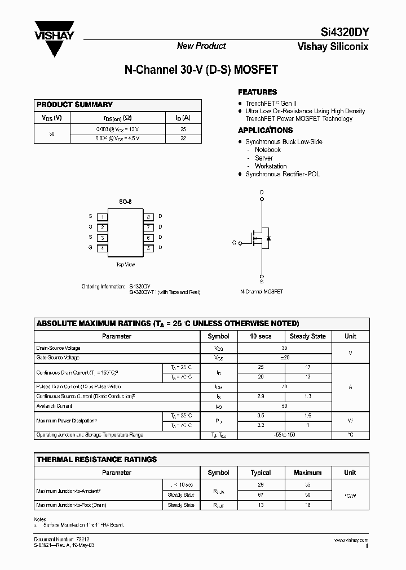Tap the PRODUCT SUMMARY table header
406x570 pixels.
point(74,105)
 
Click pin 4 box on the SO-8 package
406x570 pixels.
point(102,248)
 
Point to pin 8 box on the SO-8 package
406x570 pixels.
point(148,216)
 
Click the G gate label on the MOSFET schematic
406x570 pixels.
point(233,243)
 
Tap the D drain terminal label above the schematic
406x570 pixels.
point(262,193)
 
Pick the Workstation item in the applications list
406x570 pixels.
point(271,166)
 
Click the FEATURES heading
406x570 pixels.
point(257,92)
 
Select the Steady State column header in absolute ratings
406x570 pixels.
point(307,336)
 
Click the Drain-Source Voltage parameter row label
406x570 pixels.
point(58,348)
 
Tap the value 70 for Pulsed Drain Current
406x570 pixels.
point(284,387)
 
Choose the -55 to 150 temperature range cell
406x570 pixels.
point(284,435)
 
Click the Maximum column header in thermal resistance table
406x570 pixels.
point(308,473)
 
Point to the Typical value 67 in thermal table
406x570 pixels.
point(261,495)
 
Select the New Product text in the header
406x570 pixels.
point(201,46)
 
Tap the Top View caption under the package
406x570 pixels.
point(125,264)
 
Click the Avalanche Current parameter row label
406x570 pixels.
point(54,406)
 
